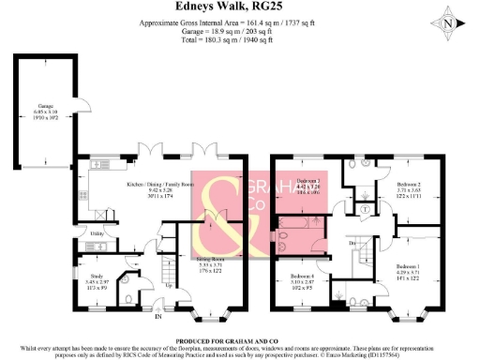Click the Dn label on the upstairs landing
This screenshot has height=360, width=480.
pyautogui.click(x=352, y=244)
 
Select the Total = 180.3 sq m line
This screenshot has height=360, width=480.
pyautogui.click(x=240, y=40)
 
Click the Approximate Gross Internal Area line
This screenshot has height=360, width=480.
pyautogui.click(x=240, y=22)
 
